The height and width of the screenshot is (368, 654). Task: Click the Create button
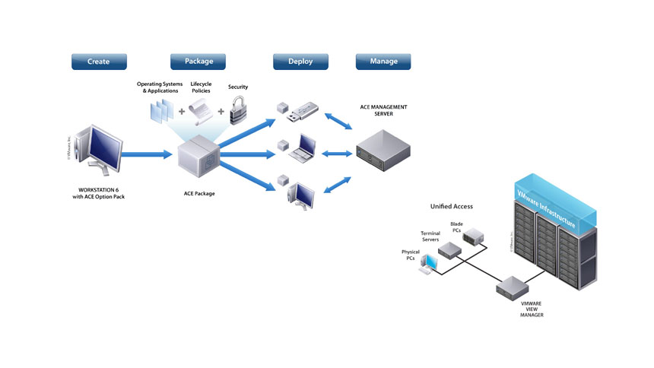pyautogui.click(x=99, y=62)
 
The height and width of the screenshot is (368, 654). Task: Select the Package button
pyautogui.click(x=198, y=62)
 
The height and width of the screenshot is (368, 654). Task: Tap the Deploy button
pyautogui.click(x=300, y=62)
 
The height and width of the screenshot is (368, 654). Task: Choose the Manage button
pyautogui.click(x=383, y=62)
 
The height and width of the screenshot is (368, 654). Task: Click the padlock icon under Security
pyautogui.click(x=240, y=111)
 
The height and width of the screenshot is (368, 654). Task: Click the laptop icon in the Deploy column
pyautogui.click(x=303, y=150)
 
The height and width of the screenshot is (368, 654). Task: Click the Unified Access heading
pyautogui.click(x=451, y=206)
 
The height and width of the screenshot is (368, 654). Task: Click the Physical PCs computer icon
pyautogui.click(x=428, y=262)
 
